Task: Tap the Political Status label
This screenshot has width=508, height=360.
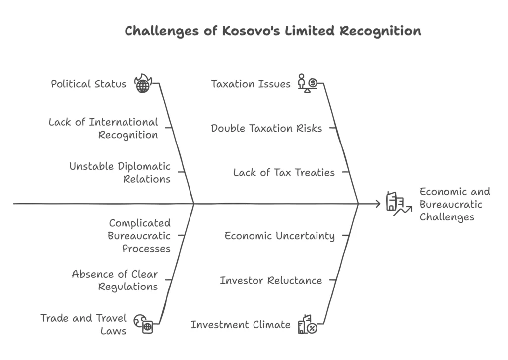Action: click(x=88, y=84)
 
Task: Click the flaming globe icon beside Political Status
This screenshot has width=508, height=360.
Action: click(x=143, y=83)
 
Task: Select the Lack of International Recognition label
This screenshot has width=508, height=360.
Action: click(x=103, y=128)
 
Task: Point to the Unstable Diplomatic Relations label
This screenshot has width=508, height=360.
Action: click(x=120, y=172)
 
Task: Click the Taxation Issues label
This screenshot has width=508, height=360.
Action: click(x=251, y=84)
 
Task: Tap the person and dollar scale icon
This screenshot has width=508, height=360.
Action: click(x=308, y=83)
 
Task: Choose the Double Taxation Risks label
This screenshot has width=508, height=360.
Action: click(x=266, y=128)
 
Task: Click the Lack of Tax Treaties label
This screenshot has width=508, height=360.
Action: click(x=284, y=172)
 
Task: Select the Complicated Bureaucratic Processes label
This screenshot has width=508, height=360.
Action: click(x=139, y=236)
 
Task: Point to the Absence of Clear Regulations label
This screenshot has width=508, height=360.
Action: click(x=115, y=280)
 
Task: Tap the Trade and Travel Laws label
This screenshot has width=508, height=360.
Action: click(x=83, y=324)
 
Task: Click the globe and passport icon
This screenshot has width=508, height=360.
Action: click(x=143, y=324)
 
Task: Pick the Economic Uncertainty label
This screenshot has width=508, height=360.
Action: click(x=280, y=236)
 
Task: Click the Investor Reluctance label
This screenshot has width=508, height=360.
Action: click(x=271, y=280)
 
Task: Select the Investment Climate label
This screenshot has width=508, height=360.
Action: click(x=241, y=325)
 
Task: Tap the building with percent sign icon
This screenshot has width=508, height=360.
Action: click(x=308, y=324)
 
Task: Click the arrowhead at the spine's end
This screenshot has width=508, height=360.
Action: click(x=378, y=204)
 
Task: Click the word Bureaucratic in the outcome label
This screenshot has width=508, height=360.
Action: click(x=451, y=204)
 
